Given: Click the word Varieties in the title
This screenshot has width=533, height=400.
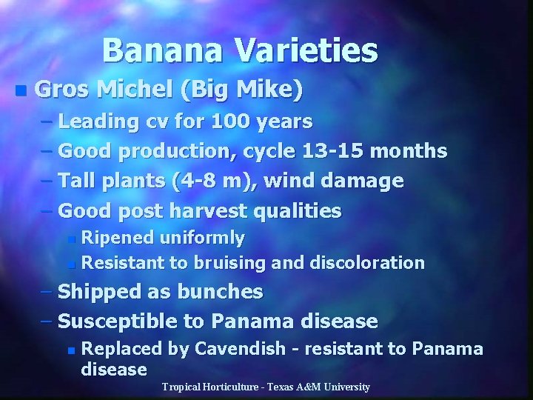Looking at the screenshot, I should (x=306, y=51).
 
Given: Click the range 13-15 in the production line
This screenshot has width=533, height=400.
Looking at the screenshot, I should (x=333, y=151).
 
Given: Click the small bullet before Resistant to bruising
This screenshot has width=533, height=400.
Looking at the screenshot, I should (x=70, y=264).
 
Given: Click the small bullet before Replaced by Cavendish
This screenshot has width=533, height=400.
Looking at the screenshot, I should (x=70, y=350).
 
